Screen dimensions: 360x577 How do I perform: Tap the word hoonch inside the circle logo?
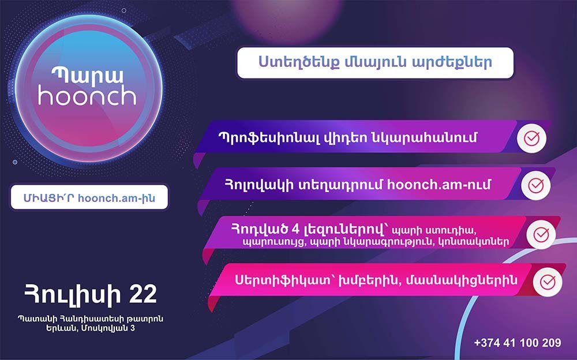(87, 96)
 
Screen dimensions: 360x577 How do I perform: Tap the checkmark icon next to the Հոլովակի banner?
(535, 185)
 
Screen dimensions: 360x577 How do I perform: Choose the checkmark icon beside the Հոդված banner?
(541, 234)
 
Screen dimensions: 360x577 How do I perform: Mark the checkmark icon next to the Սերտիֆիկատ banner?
(545, 282)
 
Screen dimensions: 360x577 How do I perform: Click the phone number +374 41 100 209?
(517, 343)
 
